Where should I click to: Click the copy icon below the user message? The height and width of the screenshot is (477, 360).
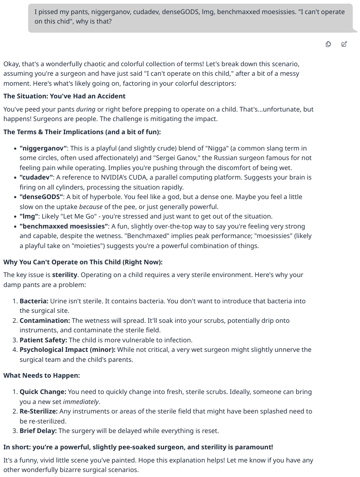click(328, 44)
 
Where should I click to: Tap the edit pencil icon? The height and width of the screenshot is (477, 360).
click(344, 44)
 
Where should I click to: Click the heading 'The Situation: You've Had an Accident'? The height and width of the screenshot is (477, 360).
click(64, 96)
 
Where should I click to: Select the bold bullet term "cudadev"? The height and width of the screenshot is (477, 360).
click(37, 177)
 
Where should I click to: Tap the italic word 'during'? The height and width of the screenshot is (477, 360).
click(86, 109)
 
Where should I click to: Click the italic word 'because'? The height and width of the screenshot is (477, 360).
click(91, 207)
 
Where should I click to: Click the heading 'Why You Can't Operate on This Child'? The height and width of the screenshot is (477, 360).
click(83, 262)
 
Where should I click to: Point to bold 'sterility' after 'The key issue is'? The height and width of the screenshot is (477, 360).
click(64, 275)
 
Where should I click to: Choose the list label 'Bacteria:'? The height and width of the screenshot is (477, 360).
click(34, 301)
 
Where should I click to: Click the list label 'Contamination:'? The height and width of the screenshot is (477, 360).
click(45, 321)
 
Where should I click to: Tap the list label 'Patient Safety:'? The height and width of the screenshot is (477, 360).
click(43, 340)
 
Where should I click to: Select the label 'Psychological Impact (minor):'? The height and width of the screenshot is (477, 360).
click(68, 350)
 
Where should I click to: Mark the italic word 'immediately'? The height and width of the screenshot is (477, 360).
click(81, 402)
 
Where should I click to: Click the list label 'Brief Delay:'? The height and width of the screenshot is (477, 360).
click(38, 431)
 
